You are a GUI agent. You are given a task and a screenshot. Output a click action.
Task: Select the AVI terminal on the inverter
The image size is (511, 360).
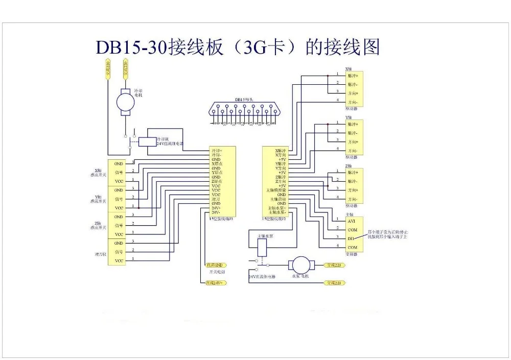tap(352, 221)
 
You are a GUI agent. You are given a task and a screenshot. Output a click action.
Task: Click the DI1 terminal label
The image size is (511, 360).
tap(352, 238)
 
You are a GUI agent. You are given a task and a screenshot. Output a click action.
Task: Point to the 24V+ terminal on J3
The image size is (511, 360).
tap(217, 207)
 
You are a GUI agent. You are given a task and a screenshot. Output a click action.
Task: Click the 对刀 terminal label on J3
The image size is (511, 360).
tap(217, 199)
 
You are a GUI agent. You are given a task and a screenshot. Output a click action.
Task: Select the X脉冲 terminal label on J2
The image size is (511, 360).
tap(280, 151)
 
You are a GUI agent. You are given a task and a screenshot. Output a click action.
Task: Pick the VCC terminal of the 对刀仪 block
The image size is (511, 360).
tap(119, 260)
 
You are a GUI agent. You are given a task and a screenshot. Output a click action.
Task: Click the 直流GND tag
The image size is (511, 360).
tap(215, 265)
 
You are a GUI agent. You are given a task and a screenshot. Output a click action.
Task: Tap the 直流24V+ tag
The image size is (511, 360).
tap(215, 282)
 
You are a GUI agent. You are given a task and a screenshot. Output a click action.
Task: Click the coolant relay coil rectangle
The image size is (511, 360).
tap(148, 141)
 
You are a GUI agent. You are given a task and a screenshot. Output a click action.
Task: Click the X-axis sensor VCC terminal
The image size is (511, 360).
tap(119, 181)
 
